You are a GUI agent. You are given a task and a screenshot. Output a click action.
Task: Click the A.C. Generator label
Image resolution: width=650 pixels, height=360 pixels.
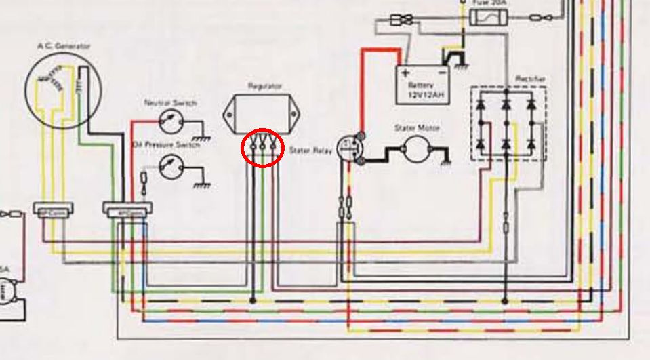click(64, 46)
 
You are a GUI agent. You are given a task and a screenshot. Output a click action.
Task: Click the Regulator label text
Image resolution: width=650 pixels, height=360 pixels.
click(265, 86)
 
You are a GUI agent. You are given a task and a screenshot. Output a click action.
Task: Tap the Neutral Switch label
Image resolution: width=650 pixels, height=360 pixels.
click(170, 103)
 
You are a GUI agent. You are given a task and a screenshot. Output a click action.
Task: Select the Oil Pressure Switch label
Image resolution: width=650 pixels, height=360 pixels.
click(165, 144)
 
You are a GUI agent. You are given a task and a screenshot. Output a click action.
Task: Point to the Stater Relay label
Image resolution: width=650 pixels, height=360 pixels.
click(310, 151)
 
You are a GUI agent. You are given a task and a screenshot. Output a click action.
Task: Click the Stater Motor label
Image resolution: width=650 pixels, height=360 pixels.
click(417, 127)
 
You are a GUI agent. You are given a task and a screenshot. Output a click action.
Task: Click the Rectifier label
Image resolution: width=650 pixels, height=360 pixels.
click(530, 79)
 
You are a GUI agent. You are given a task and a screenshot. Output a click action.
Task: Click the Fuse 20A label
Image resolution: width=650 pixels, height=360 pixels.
click(487, 3)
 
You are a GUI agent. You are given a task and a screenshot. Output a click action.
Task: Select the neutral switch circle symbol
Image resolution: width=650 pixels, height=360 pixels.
click(169, 123)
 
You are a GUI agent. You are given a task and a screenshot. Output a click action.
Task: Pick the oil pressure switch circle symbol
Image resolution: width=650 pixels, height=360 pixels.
click(169, 166)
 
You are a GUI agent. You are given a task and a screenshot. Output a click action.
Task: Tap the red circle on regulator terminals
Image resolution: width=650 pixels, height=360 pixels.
click(263, 146)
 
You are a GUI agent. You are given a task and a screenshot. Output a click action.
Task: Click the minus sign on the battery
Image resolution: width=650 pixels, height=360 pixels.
click(442, 73)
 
